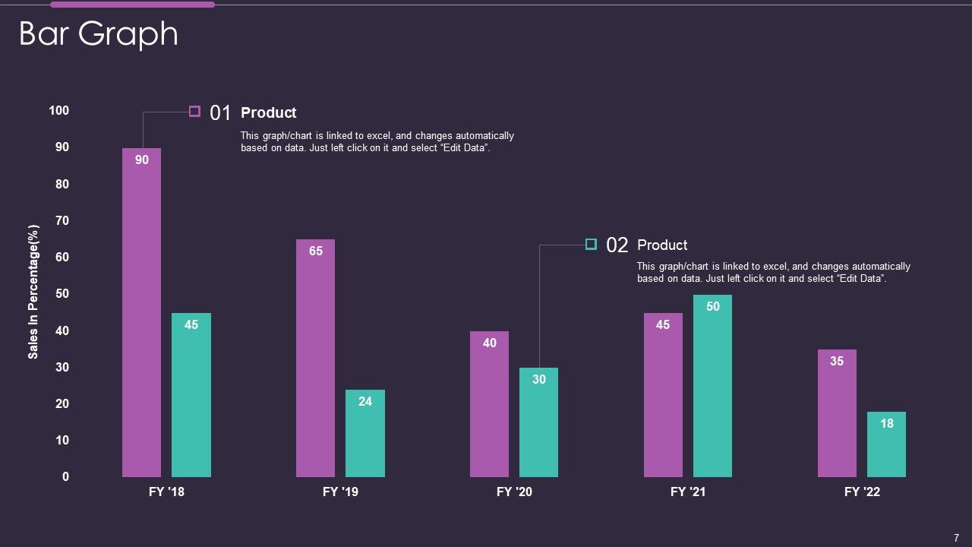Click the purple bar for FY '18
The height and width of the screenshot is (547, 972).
pyautogui.click(x=141, y=319)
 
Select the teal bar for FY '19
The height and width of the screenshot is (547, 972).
pyautogui.click(x=365, y=437)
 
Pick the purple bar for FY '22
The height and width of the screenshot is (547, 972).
pyautogui.click(x=837, y=418)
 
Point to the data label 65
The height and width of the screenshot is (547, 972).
pyautogui.click(x=316, y=251)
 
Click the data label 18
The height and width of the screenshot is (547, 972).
pyautogui.click(x=887, y=424)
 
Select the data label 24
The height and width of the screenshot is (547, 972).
pyautogui.click(x=365, y=401)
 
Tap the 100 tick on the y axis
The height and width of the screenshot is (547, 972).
pyautogui.click(x=59, y=111)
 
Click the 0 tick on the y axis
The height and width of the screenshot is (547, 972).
pyautogui.click(x=65, y=477)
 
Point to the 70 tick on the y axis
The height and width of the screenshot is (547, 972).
pyautogui.click(x=62, y=221)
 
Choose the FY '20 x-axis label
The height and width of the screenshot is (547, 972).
pyautogui.click(x=514, y=492)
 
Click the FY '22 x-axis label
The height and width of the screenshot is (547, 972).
pyautogui.click(x=862, y=492)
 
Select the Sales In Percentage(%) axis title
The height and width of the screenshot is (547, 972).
pyautogui.click(x=33, y=292)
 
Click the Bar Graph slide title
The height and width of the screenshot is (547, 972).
pyautogui.click(x=98, y=34)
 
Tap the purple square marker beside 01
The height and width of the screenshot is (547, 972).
pyautogui.click(x=194, y=112)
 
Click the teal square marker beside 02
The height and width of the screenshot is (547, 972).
pyautogui.click(x=591, y=244)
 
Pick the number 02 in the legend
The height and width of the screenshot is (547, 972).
pyautogui.click(x=617, y=245)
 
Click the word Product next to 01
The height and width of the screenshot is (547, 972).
pyautogui.click(x=268, y=113)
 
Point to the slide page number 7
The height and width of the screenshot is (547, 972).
pyautogui.click(x=956, y=538)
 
